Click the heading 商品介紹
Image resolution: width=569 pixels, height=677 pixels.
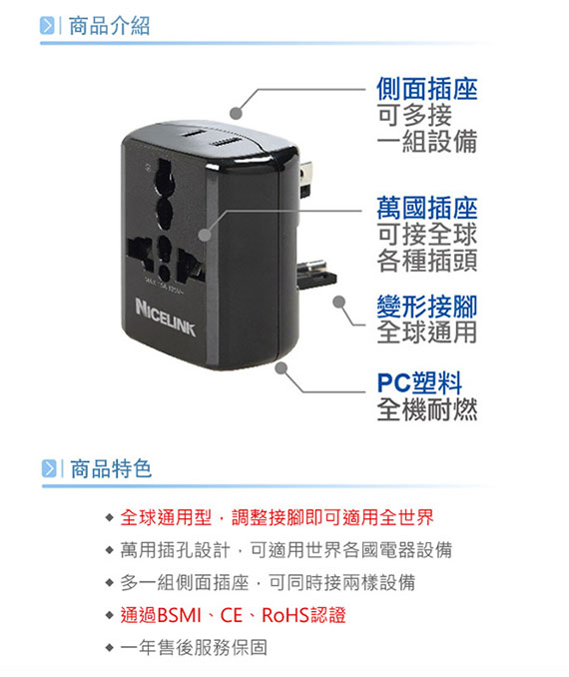coord(109,26)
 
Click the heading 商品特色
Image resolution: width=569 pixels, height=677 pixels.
coord(111,469)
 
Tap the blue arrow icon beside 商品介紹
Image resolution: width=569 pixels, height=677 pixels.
coord(47,26)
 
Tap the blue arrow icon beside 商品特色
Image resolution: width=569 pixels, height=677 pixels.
coord(49,469)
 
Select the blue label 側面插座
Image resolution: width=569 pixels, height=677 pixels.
coord(427,89)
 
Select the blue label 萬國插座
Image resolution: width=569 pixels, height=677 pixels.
coord(427,208)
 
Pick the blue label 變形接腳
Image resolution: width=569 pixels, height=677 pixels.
coord(427,307)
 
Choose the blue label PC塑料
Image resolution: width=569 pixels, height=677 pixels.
coord(419,382)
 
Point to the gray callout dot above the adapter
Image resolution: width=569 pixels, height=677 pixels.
coord(236,113)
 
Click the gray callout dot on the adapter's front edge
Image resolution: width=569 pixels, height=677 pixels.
coord(205,235)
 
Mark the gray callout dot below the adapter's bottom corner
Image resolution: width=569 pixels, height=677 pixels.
coord(282,368)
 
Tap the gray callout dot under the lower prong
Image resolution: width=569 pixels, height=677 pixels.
coord(339,302)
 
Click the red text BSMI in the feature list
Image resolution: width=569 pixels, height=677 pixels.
coord(180,615)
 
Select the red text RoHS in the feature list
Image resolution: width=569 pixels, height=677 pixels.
coord(285,615)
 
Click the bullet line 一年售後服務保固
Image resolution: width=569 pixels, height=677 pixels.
coord(194,648)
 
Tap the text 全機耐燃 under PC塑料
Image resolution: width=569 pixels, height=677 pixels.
coord(427,409)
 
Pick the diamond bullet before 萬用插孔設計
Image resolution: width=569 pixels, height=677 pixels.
coord(109,550)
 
